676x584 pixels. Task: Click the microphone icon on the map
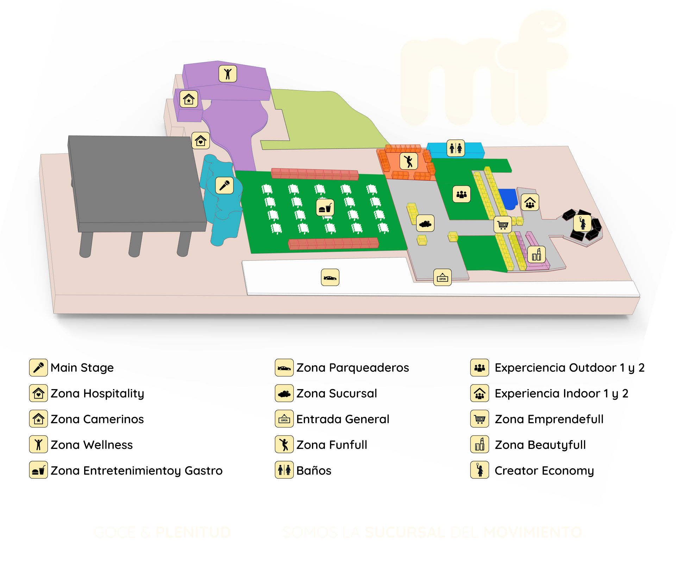click(x=224, y=185)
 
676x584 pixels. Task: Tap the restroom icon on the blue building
click(x=456, y=148)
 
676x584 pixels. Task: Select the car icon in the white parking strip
click(x=330, y=278)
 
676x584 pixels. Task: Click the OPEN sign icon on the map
click(x=442, y=278)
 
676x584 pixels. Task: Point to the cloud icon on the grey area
click(x=425, y=223)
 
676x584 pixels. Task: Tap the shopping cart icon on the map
click(x=502, y=224)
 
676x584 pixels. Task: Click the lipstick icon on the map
click(x=536, y=254)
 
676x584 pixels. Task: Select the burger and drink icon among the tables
click(x=325, y=208)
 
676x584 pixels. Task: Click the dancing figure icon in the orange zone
click(x=408, y=161)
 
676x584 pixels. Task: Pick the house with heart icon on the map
click(x=201, y=141)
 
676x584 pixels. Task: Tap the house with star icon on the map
click(x=189, y=99)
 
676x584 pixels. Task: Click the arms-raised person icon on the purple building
click(x=228, y=74)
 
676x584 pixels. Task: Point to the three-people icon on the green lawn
click(x=461, y=194)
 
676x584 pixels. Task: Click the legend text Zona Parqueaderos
click(x=352, y=368)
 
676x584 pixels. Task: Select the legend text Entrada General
click(x=343, y=419)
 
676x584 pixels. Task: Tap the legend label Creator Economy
click(x=544, y=470)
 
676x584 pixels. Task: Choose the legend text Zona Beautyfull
click(x=540, y=445)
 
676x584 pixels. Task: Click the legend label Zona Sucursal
click(x=337, y=393)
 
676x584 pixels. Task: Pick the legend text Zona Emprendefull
click(x=549, y=419)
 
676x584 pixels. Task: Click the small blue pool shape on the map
click(x=508, y=199)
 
